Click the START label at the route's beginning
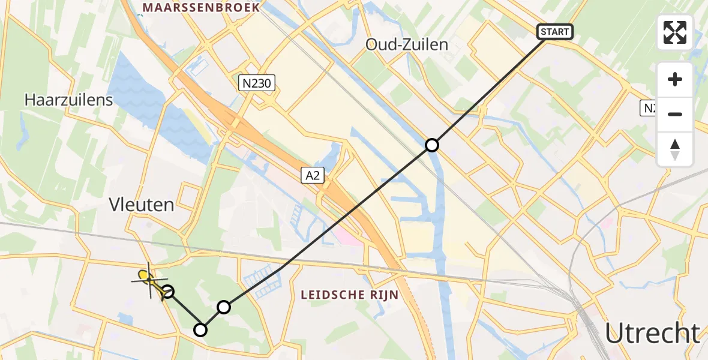(556, 32)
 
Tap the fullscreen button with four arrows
(675, 32)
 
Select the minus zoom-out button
(675, 114)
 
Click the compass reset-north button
(675, 149)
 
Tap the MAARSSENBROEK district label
(200, 7)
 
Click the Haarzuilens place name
(68, 100)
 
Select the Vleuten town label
(142, 205)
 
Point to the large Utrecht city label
(652, 333)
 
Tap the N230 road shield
(257, 85)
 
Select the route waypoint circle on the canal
(432, 145)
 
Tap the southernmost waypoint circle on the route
(200, 330)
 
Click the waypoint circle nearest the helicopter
(169, 292)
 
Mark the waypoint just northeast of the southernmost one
(223, 307)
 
